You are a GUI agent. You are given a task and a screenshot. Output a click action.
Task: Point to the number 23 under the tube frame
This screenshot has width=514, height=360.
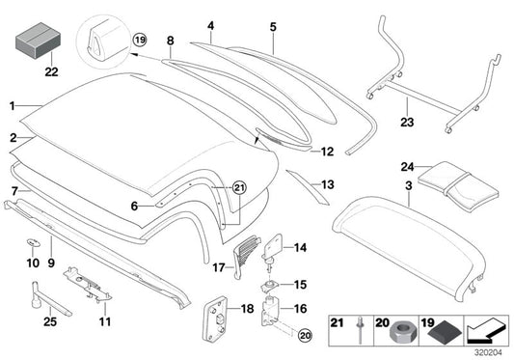[x=405, y=123]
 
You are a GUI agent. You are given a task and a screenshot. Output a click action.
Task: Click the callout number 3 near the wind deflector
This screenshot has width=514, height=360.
[x=409, y=182]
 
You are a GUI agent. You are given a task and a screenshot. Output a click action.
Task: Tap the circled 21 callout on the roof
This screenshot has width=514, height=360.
[x=240, y=187]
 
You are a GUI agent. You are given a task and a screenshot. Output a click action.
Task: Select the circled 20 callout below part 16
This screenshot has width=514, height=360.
[x=306, y=336]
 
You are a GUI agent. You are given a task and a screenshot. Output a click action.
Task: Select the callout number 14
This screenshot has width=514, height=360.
[x=300, y=248]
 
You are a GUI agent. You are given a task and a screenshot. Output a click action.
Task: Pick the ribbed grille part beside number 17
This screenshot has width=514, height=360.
[x=248, y=254]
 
